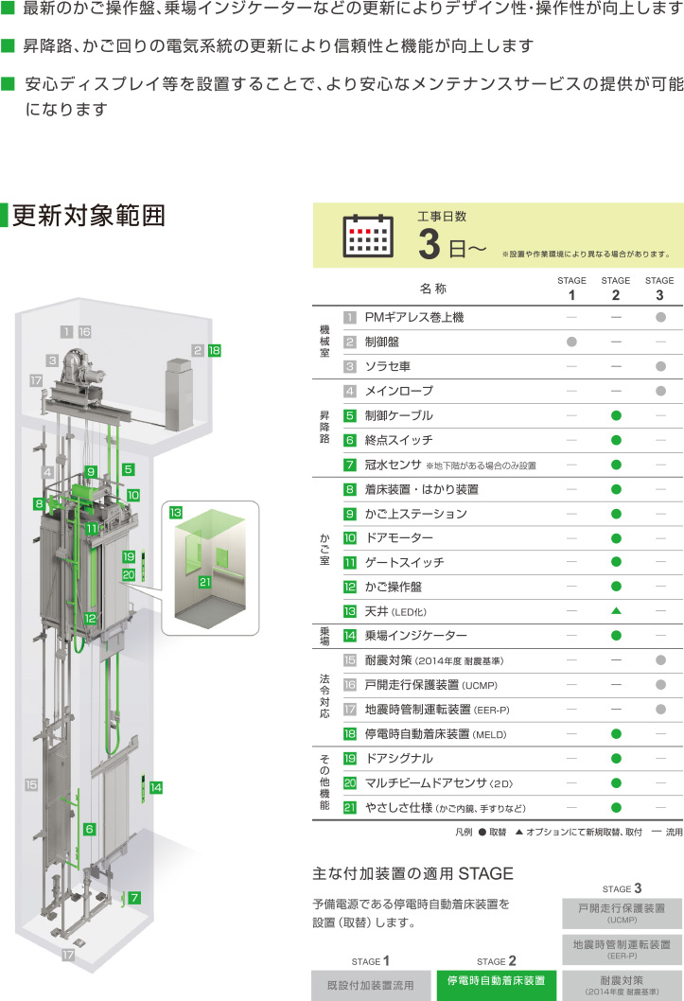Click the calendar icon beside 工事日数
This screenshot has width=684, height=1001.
click(367, 236)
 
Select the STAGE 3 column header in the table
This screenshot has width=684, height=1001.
click(659, 288)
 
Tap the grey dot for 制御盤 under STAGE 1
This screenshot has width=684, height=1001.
click(571, 341)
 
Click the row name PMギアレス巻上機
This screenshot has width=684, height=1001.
click(414, 317)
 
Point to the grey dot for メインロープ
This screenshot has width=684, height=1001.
click(660, 391)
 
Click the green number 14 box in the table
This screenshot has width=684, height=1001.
click(350, 637)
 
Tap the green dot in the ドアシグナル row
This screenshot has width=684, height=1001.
click(616, 758)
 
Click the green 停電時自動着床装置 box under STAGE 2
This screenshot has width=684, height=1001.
click(497, 981)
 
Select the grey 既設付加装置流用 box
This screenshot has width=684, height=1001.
click(370, 985)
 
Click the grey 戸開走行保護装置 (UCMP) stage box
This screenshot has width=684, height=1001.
click(622, 912)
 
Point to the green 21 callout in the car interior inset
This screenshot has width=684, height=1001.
click(204, 582)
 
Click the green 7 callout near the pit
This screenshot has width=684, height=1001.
click(135, 896)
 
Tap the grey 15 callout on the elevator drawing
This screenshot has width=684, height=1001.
click(31, 784)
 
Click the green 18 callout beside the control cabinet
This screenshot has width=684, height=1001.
click(214, 350)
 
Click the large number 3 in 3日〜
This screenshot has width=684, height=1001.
click(430, 245)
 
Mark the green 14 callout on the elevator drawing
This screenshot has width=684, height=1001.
click(156, 787)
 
